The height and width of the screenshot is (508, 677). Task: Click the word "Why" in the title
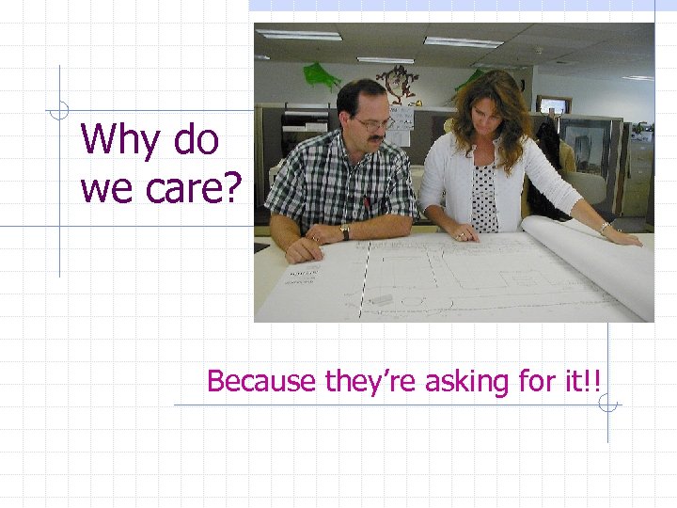[x=114, y=140]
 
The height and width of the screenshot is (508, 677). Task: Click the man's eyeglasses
[x=373, y=123]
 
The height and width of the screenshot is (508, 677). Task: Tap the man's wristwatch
[x=345, y=230]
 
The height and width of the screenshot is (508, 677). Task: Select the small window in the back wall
[x=553, y=103]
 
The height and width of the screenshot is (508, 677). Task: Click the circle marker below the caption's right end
[x=607, y=405]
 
